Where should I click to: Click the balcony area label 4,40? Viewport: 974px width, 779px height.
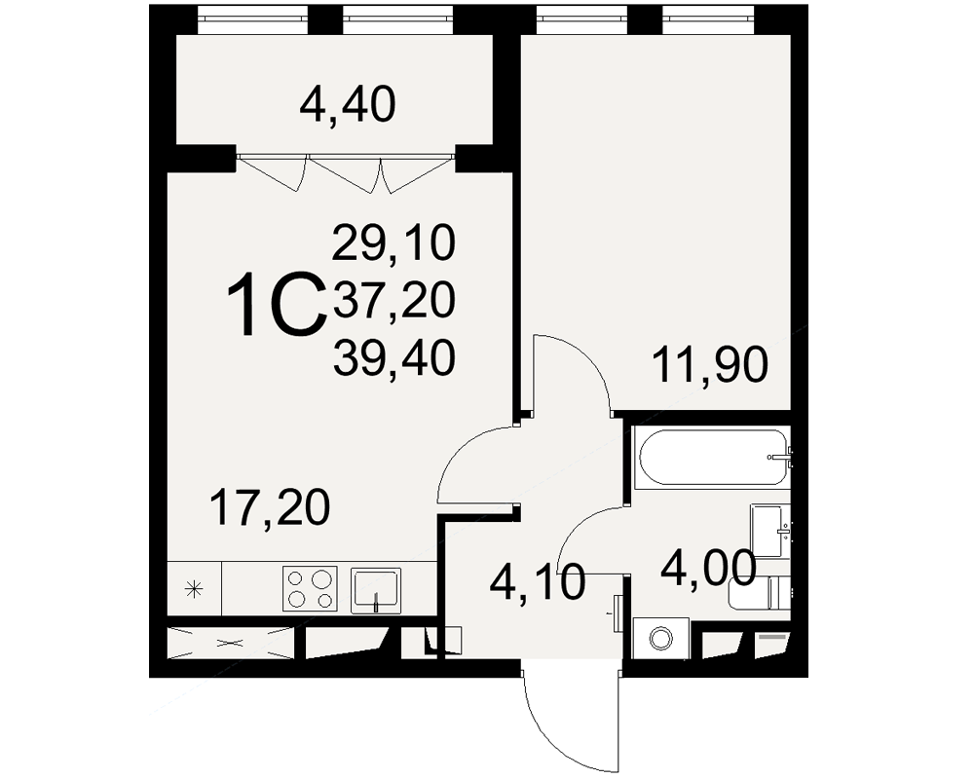(x=348, y=105)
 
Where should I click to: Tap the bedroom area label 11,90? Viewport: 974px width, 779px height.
(x=709, y=365)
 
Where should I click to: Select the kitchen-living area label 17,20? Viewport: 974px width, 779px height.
(x=270, y=507)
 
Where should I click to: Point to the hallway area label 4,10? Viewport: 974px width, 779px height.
(x=538, y=582)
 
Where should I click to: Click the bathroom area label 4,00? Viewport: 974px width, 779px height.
(x=708, y=567)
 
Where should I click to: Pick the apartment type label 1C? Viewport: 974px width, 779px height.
(x=277, y=305)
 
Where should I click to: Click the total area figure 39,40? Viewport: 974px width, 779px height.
(x=394, y=358)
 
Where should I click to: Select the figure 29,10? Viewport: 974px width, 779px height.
(x=394, y=242)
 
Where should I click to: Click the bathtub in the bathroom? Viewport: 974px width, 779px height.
(x=713, y=458)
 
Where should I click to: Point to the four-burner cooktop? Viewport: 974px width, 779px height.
(x=310, y=588)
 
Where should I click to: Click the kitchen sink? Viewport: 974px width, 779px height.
(x=376, y=590)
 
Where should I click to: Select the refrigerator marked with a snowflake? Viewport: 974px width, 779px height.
(x=195, y=588)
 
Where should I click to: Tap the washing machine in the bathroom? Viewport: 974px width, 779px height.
(x=661, y=638)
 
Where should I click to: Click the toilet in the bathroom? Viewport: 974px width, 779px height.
(x=759, y=593)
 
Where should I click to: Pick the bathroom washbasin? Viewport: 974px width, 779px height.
(x=770, y=532)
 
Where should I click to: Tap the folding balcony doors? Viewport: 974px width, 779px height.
(x=345, y=173)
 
